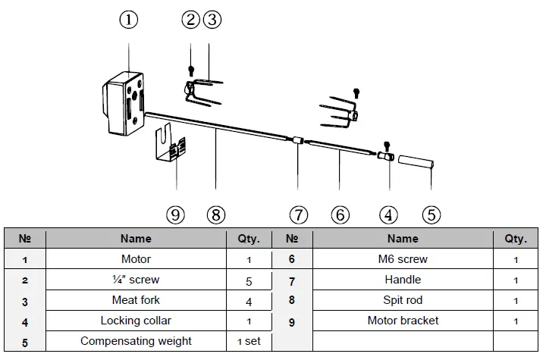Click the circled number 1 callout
(130, 20)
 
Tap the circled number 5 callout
(431, 214)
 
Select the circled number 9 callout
(176, 214)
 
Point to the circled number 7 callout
(299, 214)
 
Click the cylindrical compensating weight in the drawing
(416, 162)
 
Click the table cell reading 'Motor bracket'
(403, 321)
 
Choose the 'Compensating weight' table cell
(136, 341)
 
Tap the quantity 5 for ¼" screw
(248, 280)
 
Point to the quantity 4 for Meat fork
(248, 300)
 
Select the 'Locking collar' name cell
(136, 321)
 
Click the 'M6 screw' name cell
(403, 259)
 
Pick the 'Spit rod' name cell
(403, 300)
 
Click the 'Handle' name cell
(403, 280)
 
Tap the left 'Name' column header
(136, 238)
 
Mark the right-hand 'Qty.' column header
(515, 238)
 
